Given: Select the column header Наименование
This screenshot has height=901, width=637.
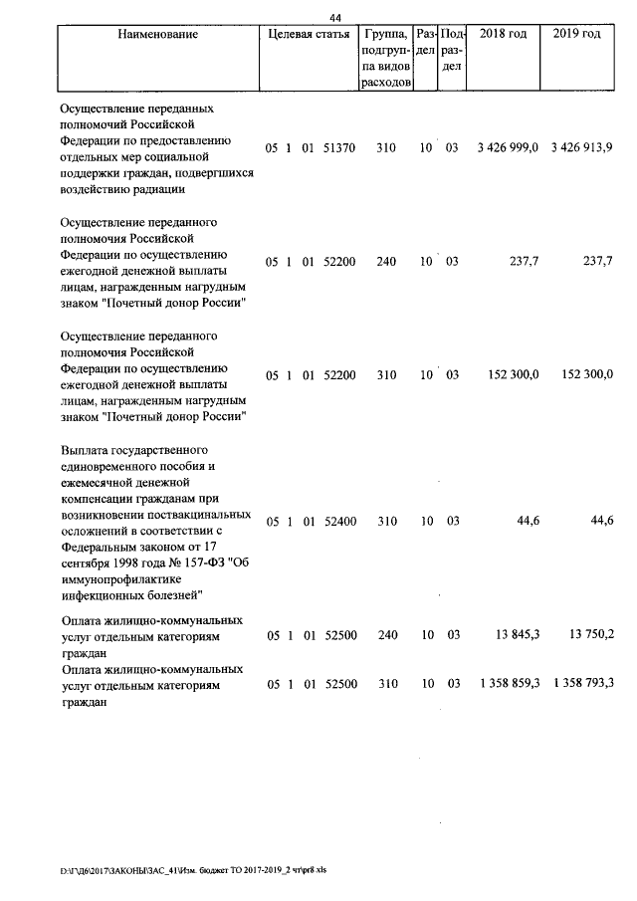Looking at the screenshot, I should pyautogui.click(x=157, y=35).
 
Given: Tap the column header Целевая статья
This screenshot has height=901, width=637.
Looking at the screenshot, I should pyautogui.click(x=309, y=35).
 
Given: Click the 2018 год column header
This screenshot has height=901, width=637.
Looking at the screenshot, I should pyautogui.click(x=504, y=35).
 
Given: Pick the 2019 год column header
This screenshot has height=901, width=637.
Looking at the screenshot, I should pyautogui.click(x=576, y=35).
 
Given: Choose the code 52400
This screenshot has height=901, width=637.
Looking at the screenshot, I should pyautogui.click(x=339, y=521).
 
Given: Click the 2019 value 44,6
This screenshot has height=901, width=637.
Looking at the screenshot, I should pyautogui.click(x=601, y=521).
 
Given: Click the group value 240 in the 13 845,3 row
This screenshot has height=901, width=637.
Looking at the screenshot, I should pyautogui.click(x=386, y=635).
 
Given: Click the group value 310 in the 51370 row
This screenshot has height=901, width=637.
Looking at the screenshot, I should pyautogui.click(x=386, y=148).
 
